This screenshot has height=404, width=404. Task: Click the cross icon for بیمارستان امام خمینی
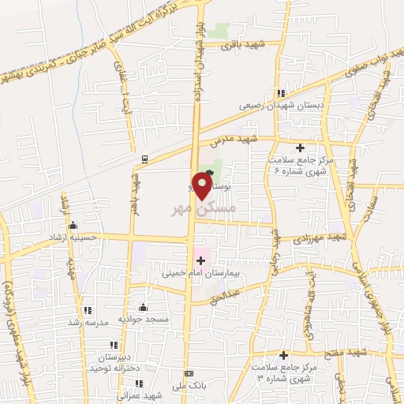click(199, 260)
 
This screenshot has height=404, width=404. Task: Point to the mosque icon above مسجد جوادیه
click(143, 307)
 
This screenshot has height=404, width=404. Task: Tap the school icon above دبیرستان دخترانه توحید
click(114, 345)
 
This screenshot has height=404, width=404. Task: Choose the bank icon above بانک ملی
click(188, 373)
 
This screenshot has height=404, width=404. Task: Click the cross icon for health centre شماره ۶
click(300, 148)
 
